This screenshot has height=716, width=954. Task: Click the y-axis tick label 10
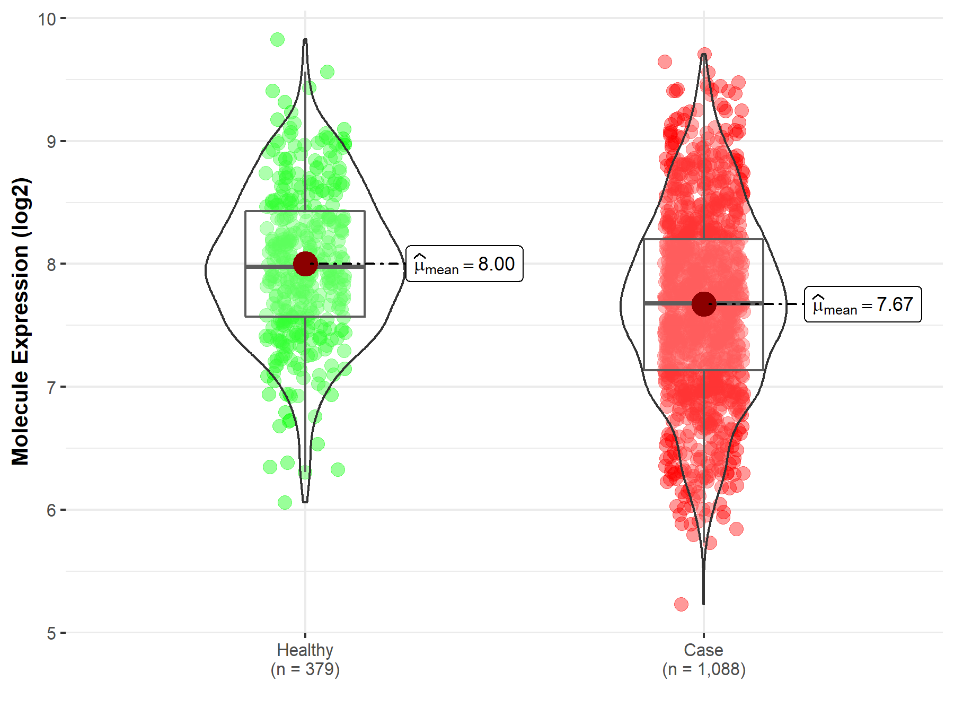47,19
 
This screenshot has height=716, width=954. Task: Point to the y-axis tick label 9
51,142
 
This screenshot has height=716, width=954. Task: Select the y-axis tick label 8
51,264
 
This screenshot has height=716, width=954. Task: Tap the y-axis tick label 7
51,387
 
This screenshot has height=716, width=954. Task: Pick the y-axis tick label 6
51,510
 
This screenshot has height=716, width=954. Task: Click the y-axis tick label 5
51,633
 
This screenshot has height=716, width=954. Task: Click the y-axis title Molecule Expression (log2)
20,321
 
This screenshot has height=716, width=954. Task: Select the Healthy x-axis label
305,650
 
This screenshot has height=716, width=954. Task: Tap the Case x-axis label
703,650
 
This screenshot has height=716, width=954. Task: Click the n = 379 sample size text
305,669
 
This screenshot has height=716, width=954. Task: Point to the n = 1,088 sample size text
703,669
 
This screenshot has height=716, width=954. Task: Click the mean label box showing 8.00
464,264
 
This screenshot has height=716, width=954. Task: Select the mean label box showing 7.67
863,304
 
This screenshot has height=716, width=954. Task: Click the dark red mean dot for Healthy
305,264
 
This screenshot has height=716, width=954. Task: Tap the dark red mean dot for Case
704,304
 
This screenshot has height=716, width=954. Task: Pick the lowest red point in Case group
681,604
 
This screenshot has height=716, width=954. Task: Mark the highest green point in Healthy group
277,39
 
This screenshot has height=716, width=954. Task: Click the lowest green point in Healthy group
285,502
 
